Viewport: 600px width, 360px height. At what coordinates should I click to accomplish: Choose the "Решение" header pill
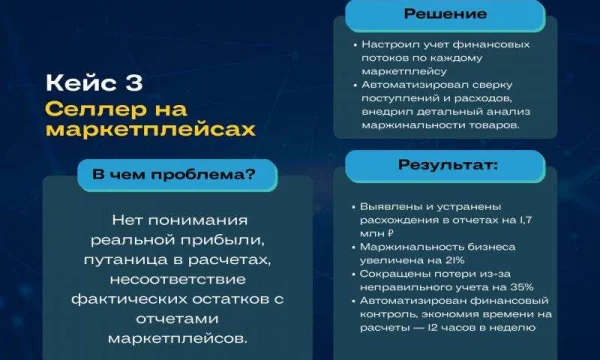445,14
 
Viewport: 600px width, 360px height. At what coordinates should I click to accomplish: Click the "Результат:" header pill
448,165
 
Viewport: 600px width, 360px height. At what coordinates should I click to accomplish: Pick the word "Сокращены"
390,273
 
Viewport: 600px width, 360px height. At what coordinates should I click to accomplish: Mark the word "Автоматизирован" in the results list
410,299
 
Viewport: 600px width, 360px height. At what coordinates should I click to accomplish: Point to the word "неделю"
524,325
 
